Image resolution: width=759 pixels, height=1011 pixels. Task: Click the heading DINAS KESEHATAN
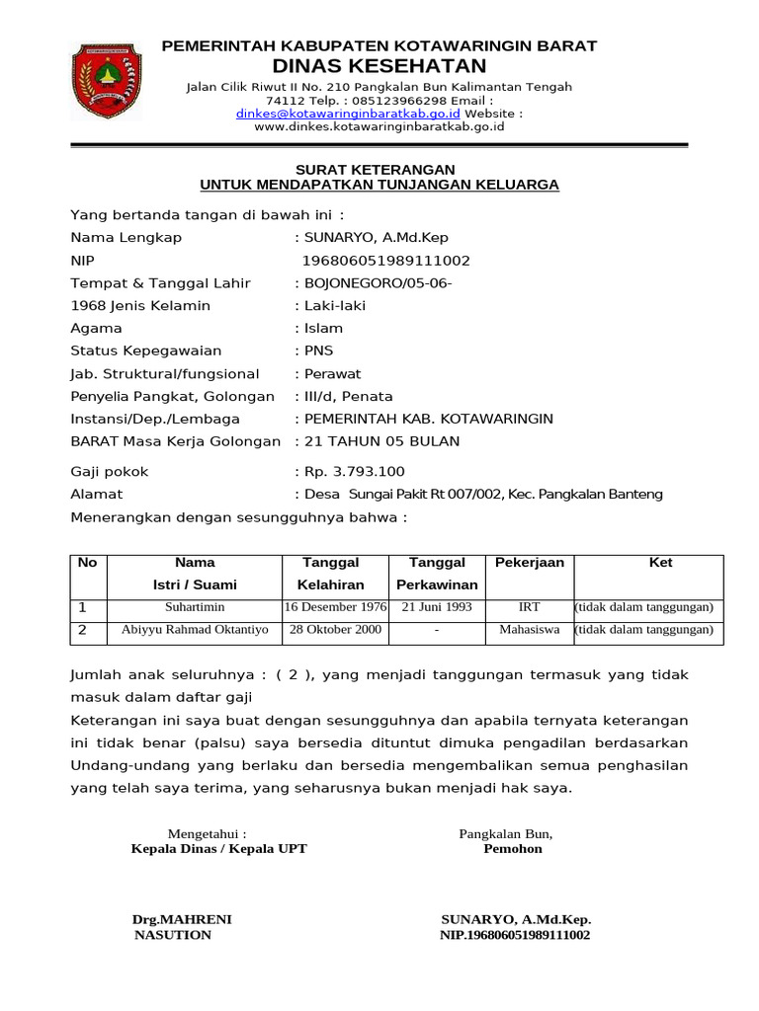pyautogui.click(x=379, y=66)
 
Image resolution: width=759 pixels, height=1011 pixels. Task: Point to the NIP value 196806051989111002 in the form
pyautogui.click(x=386, y=261)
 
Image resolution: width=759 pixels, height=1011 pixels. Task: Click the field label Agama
pyautogui.click(x=97, y=329)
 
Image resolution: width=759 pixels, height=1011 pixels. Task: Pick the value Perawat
pyautogui.click(x=332, y=374)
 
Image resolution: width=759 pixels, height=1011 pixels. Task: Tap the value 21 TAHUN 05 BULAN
pyautogui.click(x=381, y=441)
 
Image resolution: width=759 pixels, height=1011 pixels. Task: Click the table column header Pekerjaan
pyautogui.click(x=530, y=563)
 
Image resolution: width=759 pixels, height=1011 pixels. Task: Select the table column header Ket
pyautogui.click(x=660, y=563)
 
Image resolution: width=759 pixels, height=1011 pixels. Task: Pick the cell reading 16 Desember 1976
pyautogui.click(x=335, y=607)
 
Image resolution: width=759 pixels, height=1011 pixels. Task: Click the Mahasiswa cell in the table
pyautogui.click(x=530, y=629)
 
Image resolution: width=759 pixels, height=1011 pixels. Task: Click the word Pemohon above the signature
pyautogui.click(x=513, y=849)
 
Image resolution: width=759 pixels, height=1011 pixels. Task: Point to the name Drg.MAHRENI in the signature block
pyautogui.click(x=182, y=919)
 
